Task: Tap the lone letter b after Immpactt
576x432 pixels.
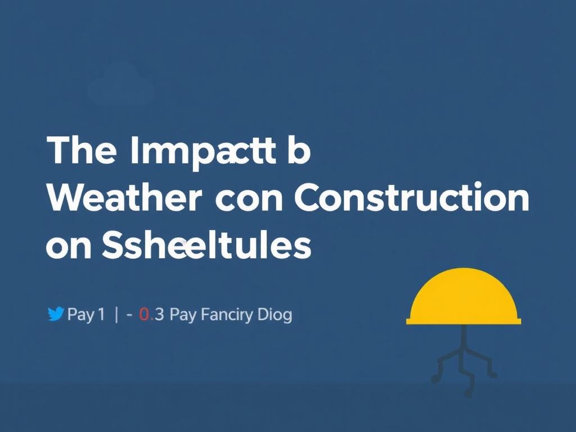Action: click(298, 151)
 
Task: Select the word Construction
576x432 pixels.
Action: click(411, 198)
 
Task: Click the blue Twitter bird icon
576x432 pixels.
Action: click(56, 314)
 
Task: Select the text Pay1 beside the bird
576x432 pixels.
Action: click(85, 315)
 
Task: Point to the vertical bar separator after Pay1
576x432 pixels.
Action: click(116, 314)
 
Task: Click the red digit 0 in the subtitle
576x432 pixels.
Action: click(144, 314)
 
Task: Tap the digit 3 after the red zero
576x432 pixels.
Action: click(159, 314)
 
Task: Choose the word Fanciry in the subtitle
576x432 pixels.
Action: click(227, 315)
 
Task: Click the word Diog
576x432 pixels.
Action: click(275, 315)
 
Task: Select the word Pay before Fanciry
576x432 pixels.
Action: click(182, 315)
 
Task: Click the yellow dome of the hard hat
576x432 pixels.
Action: click(463, 295)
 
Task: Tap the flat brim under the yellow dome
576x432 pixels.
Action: click(463, 321)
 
